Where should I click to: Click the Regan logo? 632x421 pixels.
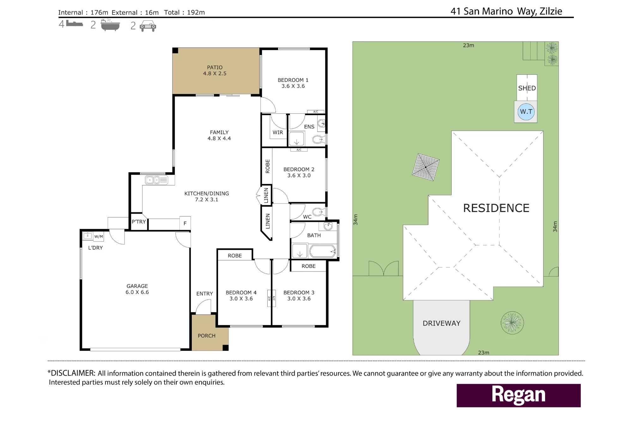(x=519, y=395)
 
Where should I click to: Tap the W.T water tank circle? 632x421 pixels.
(x=526, y=112)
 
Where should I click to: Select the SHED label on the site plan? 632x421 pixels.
(x=527, y=88)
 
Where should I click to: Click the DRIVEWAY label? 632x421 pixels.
(x=441, y=323)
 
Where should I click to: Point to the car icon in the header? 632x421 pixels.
(x=148, y=26)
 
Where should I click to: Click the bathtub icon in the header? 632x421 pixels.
(x=110, y=25)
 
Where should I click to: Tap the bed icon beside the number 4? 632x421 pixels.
(x=75, y=23)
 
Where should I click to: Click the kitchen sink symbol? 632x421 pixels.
(x=156, y=180)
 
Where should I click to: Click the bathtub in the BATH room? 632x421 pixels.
(x=323, y=252)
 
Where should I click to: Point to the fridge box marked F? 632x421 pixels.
(x=185, y=223)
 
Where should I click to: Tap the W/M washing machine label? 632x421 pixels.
(x=99, y=236)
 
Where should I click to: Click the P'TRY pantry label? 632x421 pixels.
(x=139, y=222)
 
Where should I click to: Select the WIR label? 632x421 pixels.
(x=278, y=132)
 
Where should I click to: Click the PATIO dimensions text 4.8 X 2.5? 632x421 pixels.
(x=215, y=73)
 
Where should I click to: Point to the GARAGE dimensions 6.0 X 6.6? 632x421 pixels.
(x=137, y=292)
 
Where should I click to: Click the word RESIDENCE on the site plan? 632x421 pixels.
(x=496, y=208)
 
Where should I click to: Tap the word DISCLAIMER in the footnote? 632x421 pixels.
(x=73, y=373)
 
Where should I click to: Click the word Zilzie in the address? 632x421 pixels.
(x=551, y=11)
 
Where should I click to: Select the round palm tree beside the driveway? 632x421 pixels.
(x=512, y=323)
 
